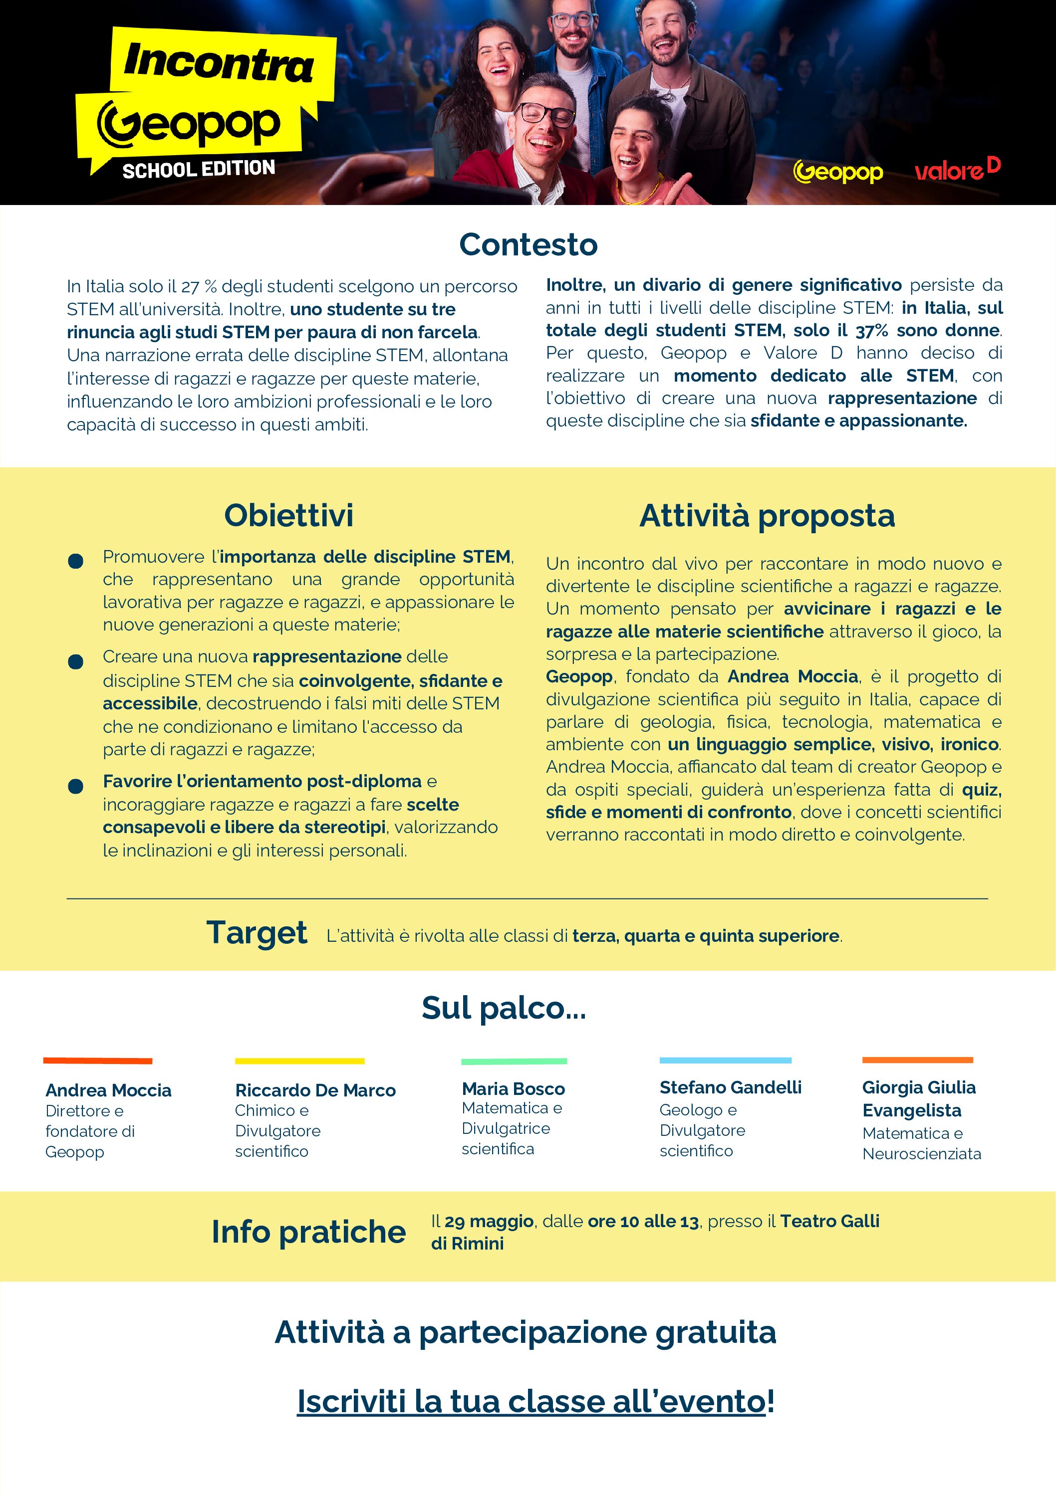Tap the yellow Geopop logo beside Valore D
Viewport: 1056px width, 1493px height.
(x=838, y=172)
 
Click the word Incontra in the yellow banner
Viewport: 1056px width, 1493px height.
(x=219, y=62)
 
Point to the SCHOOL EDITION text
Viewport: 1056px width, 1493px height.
(x=199, y=169)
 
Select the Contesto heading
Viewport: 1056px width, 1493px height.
(x=528, y=245)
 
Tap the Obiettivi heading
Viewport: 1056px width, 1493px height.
(x=288, y=516)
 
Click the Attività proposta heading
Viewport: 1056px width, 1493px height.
(x=767, y=516)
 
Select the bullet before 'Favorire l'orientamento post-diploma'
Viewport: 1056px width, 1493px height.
(x=75, y=786)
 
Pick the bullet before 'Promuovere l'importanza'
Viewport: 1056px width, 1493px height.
(x=75, y=561)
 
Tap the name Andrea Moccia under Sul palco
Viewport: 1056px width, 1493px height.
(x=108, y=1090)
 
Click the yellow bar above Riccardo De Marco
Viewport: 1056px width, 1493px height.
(x=299, y=1061)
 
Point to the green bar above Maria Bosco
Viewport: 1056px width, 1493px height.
(x=514, y=1061)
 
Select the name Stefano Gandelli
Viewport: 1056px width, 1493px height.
(x=730, y=1087)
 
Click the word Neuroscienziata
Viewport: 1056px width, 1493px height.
(x=921, y=1154)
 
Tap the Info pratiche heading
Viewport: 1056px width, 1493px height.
(x=308, y=1232)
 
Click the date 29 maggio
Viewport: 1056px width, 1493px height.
(x=489, y=1221)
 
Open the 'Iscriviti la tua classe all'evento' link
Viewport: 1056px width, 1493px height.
(x=531, y=1401)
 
